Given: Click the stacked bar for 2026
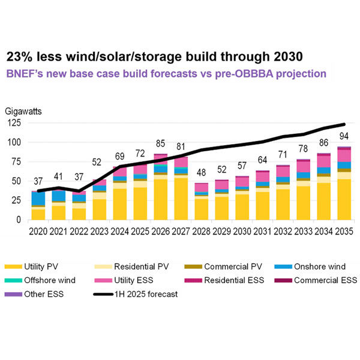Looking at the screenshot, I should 160,187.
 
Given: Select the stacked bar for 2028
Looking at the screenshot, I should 201,202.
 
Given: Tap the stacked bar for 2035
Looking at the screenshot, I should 344,184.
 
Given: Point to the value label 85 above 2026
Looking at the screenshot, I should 160,144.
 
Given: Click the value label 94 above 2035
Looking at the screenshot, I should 344,134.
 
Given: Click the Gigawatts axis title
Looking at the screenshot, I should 26,112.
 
